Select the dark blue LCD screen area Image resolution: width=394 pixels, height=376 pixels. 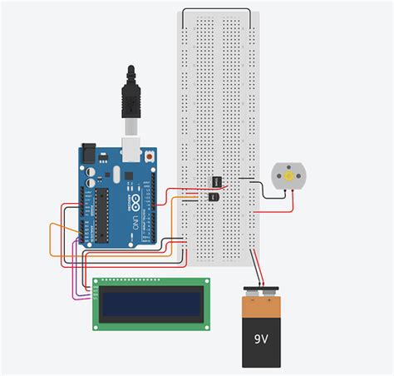pyautogui.click(x=149, y=304)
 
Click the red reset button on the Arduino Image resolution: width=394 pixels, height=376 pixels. pyautogui.click(x=149, y=156)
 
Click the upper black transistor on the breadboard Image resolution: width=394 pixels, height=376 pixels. pyautogui.click(x=216, y=181)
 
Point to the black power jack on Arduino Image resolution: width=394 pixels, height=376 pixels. pyautogui.click(x=89, y=156)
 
